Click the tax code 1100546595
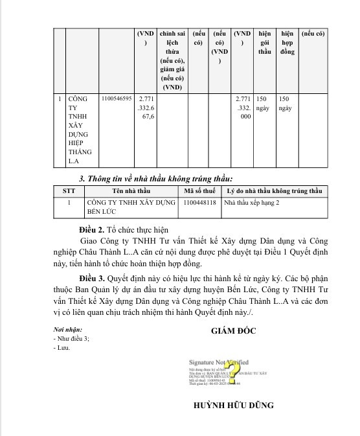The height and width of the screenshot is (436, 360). click(117, 99)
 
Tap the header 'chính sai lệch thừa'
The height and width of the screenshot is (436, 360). click(172, 59)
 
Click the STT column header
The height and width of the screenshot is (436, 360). click(69, 191)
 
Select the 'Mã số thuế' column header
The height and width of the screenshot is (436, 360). click(199, 191)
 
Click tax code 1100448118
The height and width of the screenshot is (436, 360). click(199, 202)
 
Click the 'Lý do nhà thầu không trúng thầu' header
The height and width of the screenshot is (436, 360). click(274, 191)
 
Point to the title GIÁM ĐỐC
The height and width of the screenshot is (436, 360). click(233, 331)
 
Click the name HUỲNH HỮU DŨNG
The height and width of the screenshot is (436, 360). click(233, 406)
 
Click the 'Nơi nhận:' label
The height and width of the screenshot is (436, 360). click(68, 329)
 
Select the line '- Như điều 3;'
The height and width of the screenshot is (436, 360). click(71, 338)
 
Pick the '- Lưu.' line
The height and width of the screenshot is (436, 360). click(62, 348)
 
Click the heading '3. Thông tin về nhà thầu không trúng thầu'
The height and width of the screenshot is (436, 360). click(155, 178)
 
